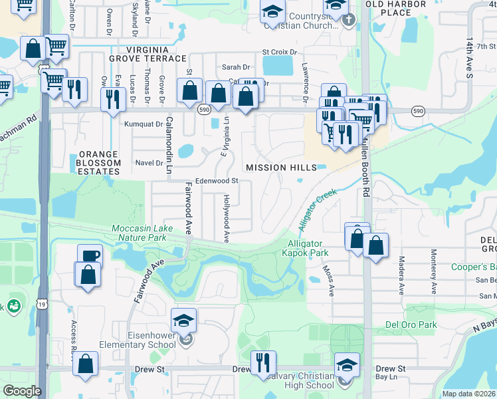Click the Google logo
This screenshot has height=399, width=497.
22,391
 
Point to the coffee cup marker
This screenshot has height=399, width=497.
90,256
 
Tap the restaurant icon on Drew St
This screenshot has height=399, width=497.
263,362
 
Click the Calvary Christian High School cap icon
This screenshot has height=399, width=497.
347,365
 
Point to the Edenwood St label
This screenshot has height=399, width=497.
217,180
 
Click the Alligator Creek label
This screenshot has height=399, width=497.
317,210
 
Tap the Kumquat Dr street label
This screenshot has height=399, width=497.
144,124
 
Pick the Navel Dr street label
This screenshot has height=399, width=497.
149,162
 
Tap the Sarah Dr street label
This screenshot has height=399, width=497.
235,67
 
